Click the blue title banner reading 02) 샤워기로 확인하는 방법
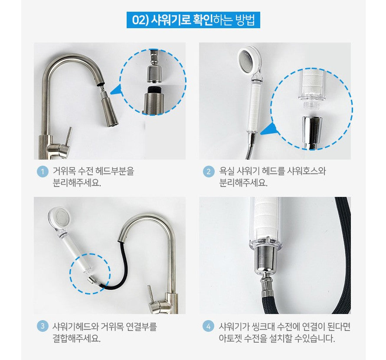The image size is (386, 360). tap(193, 20)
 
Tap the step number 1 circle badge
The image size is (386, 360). tap(43, 171)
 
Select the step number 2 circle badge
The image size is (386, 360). tap(209, 171)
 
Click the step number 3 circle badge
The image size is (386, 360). tap(43, 326)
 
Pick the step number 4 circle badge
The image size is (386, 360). tap(209, 327)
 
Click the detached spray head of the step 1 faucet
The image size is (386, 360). tap(109, 108)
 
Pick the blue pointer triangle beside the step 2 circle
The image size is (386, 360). tap(268, 129)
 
